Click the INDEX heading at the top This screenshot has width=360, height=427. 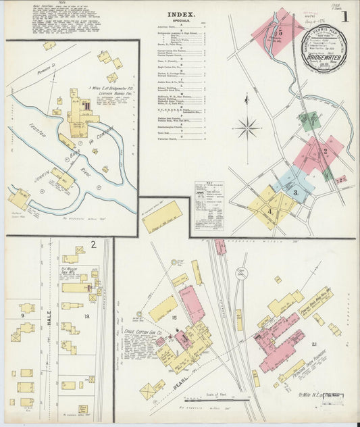(x=180, y=14)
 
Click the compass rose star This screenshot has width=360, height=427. (x=249, y=126)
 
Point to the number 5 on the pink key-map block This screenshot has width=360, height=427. (x=279, y=32)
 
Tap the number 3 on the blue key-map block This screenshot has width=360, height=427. (x=295, y=193)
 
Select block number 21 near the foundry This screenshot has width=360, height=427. (x=313, y=346)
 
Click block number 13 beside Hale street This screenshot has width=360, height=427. (x=86, y=316)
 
